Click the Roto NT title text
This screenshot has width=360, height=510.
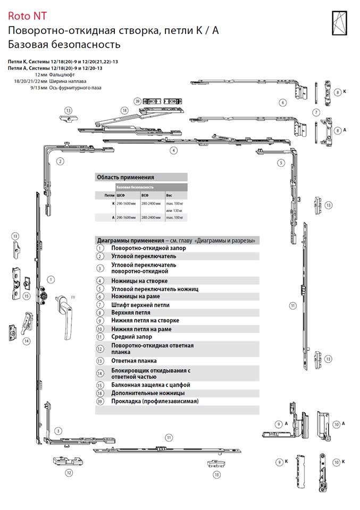coord(26,18)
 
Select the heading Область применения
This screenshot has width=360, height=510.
coord(125,177)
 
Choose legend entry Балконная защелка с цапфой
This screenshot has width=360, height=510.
coord(150,385)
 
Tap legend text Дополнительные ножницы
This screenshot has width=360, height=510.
coord(147,393)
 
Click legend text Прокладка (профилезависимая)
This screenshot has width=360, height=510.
coord(154,401)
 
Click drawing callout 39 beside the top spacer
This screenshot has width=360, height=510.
coord(137,100)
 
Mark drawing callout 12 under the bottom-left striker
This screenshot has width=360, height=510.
coord(69,472)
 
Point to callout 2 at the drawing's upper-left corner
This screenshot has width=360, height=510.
coord(61,161)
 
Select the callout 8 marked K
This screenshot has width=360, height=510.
coord(337,92)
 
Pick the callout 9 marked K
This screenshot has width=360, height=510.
coord(278,462)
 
